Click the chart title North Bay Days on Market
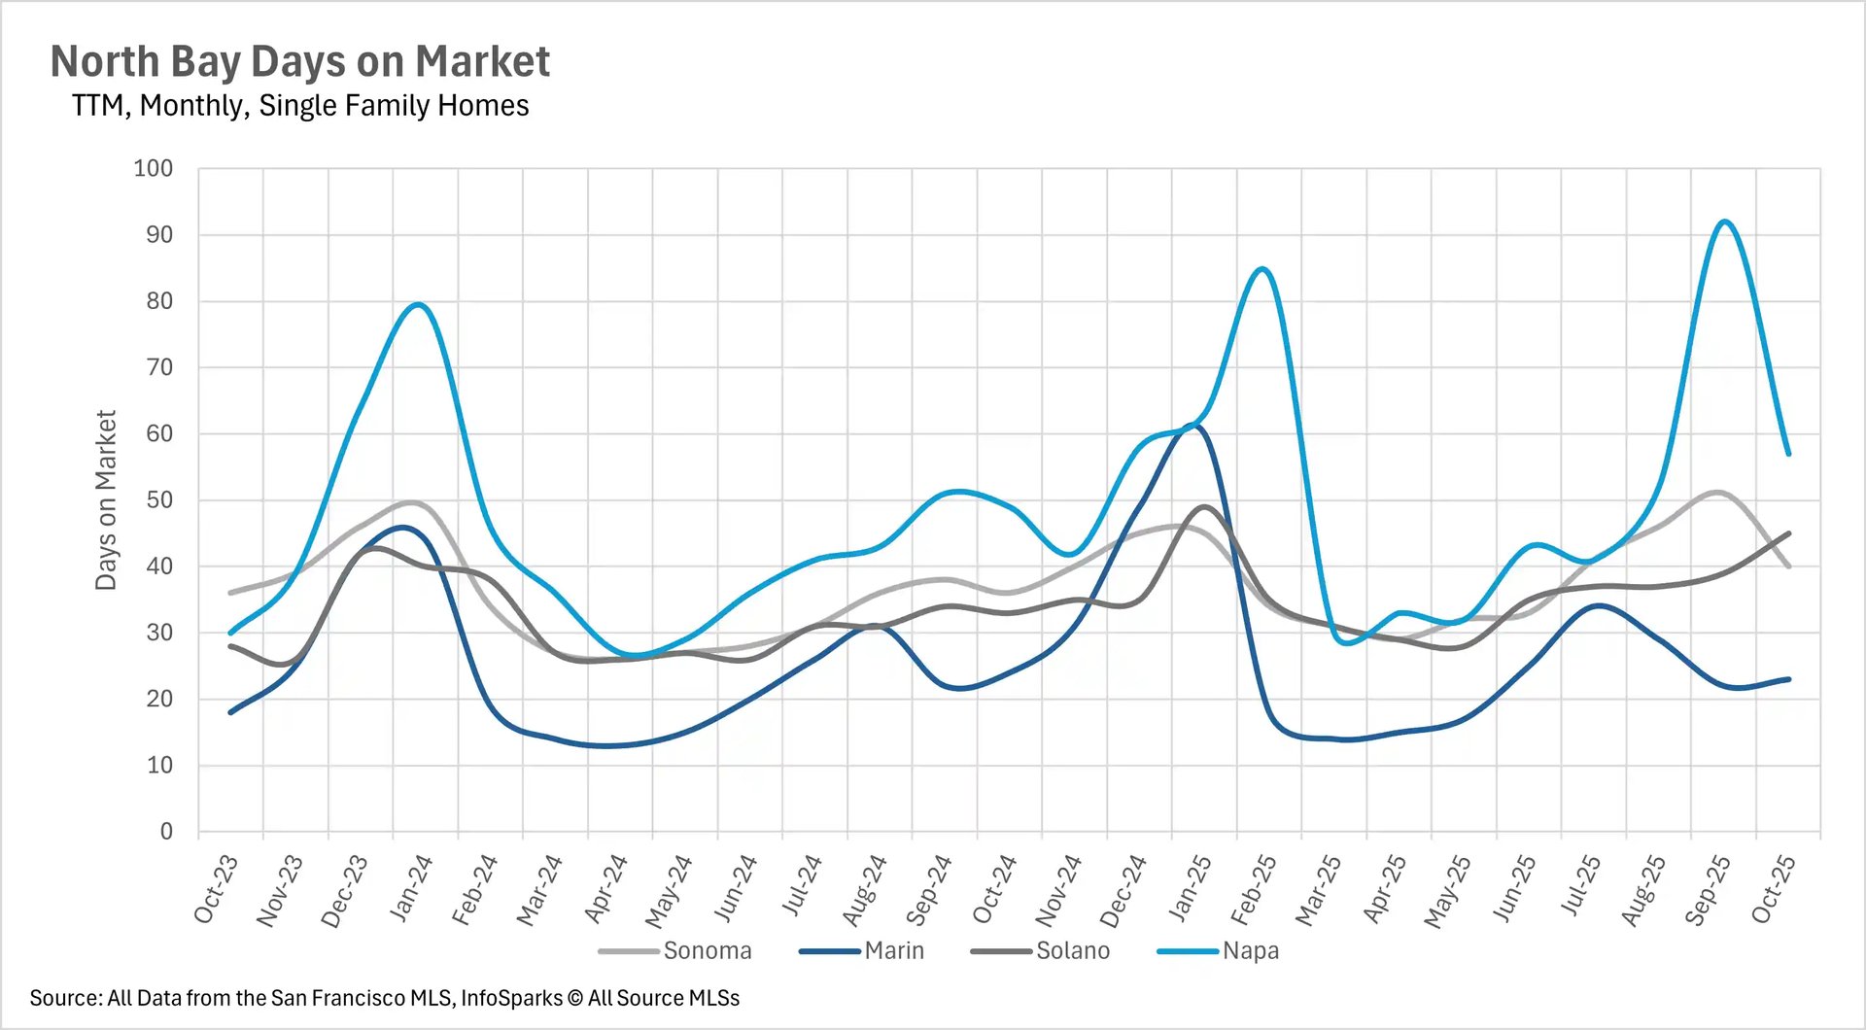click(x=299, y=61)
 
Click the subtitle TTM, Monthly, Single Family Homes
click(x=299, y=105)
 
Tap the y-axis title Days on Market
click(x=105, y=499)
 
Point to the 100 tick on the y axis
click(x=154, y=168)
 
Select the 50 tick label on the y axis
click(x=159, y=499)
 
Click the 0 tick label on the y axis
click(x=166, y=831)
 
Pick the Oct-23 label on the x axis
click(x=216, y=888)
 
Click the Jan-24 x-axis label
click(x=410, y=888)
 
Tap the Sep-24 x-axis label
click(x=929, y=888)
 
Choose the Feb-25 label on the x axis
click(x=1254, y=888)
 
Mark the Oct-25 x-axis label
click(x=1773, y=888)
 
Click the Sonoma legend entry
click(x=707, y=950)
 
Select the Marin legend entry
click(x=893, y=950)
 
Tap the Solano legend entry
click(x=1072, y=950)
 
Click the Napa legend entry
click(x=1250, y=950)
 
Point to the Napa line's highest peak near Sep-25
click(x=1724, y=222)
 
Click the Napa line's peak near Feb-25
click(x=1261, y=268)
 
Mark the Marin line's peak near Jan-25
click(x=1195, y=426)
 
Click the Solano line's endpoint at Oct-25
click(x=1788, y=532)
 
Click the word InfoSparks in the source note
click(x=511, y=998)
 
